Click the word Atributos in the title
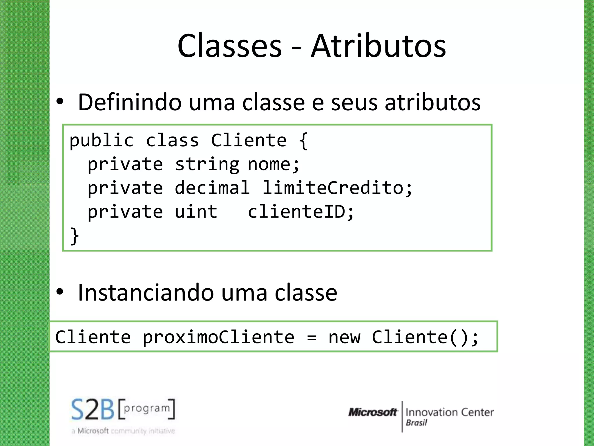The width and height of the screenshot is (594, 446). pyautogui.click(x=378, y=46)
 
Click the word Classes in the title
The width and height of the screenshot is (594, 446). pyautogui.click(x=229, y=46)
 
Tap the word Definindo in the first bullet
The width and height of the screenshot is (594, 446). pyautogui.click(x=130, y=102)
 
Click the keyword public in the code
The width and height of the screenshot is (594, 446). pyautogui.click(x=102, y=141)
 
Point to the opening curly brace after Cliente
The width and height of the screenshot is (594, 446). pyautogui.click(x=303, y=141)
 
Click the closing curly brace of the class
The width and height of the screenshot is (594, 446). pyautogui.click(x=75, y=236)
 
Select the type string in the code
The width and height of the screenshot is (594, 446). pyautogui.click(x=207, y=165)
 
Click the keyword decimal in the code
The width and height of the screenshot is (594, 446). pyautogui.click(x=212, y=188)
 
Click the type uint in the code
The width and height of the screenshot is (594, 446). pyautogui.click(x=196, y=212)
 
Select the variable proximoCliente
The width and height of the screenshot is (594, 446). pyautogui.click(x=218, y=337)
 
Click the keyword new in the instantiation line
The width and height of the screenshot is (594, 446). pyautogui.click(x=344, y=337)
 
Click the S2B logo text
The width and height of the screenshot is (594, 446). pyautogui.click(x=93, y=409)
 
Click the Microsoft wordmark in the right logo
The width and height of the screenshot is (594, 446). pyautogui.click(x=373, y=412)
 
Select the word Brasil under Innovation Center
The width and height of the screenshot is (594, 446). pyautogui.click(x=416, y=423)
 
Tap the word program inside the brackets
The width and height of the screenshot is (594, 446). pyautogui.click(x=147, y=408)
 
